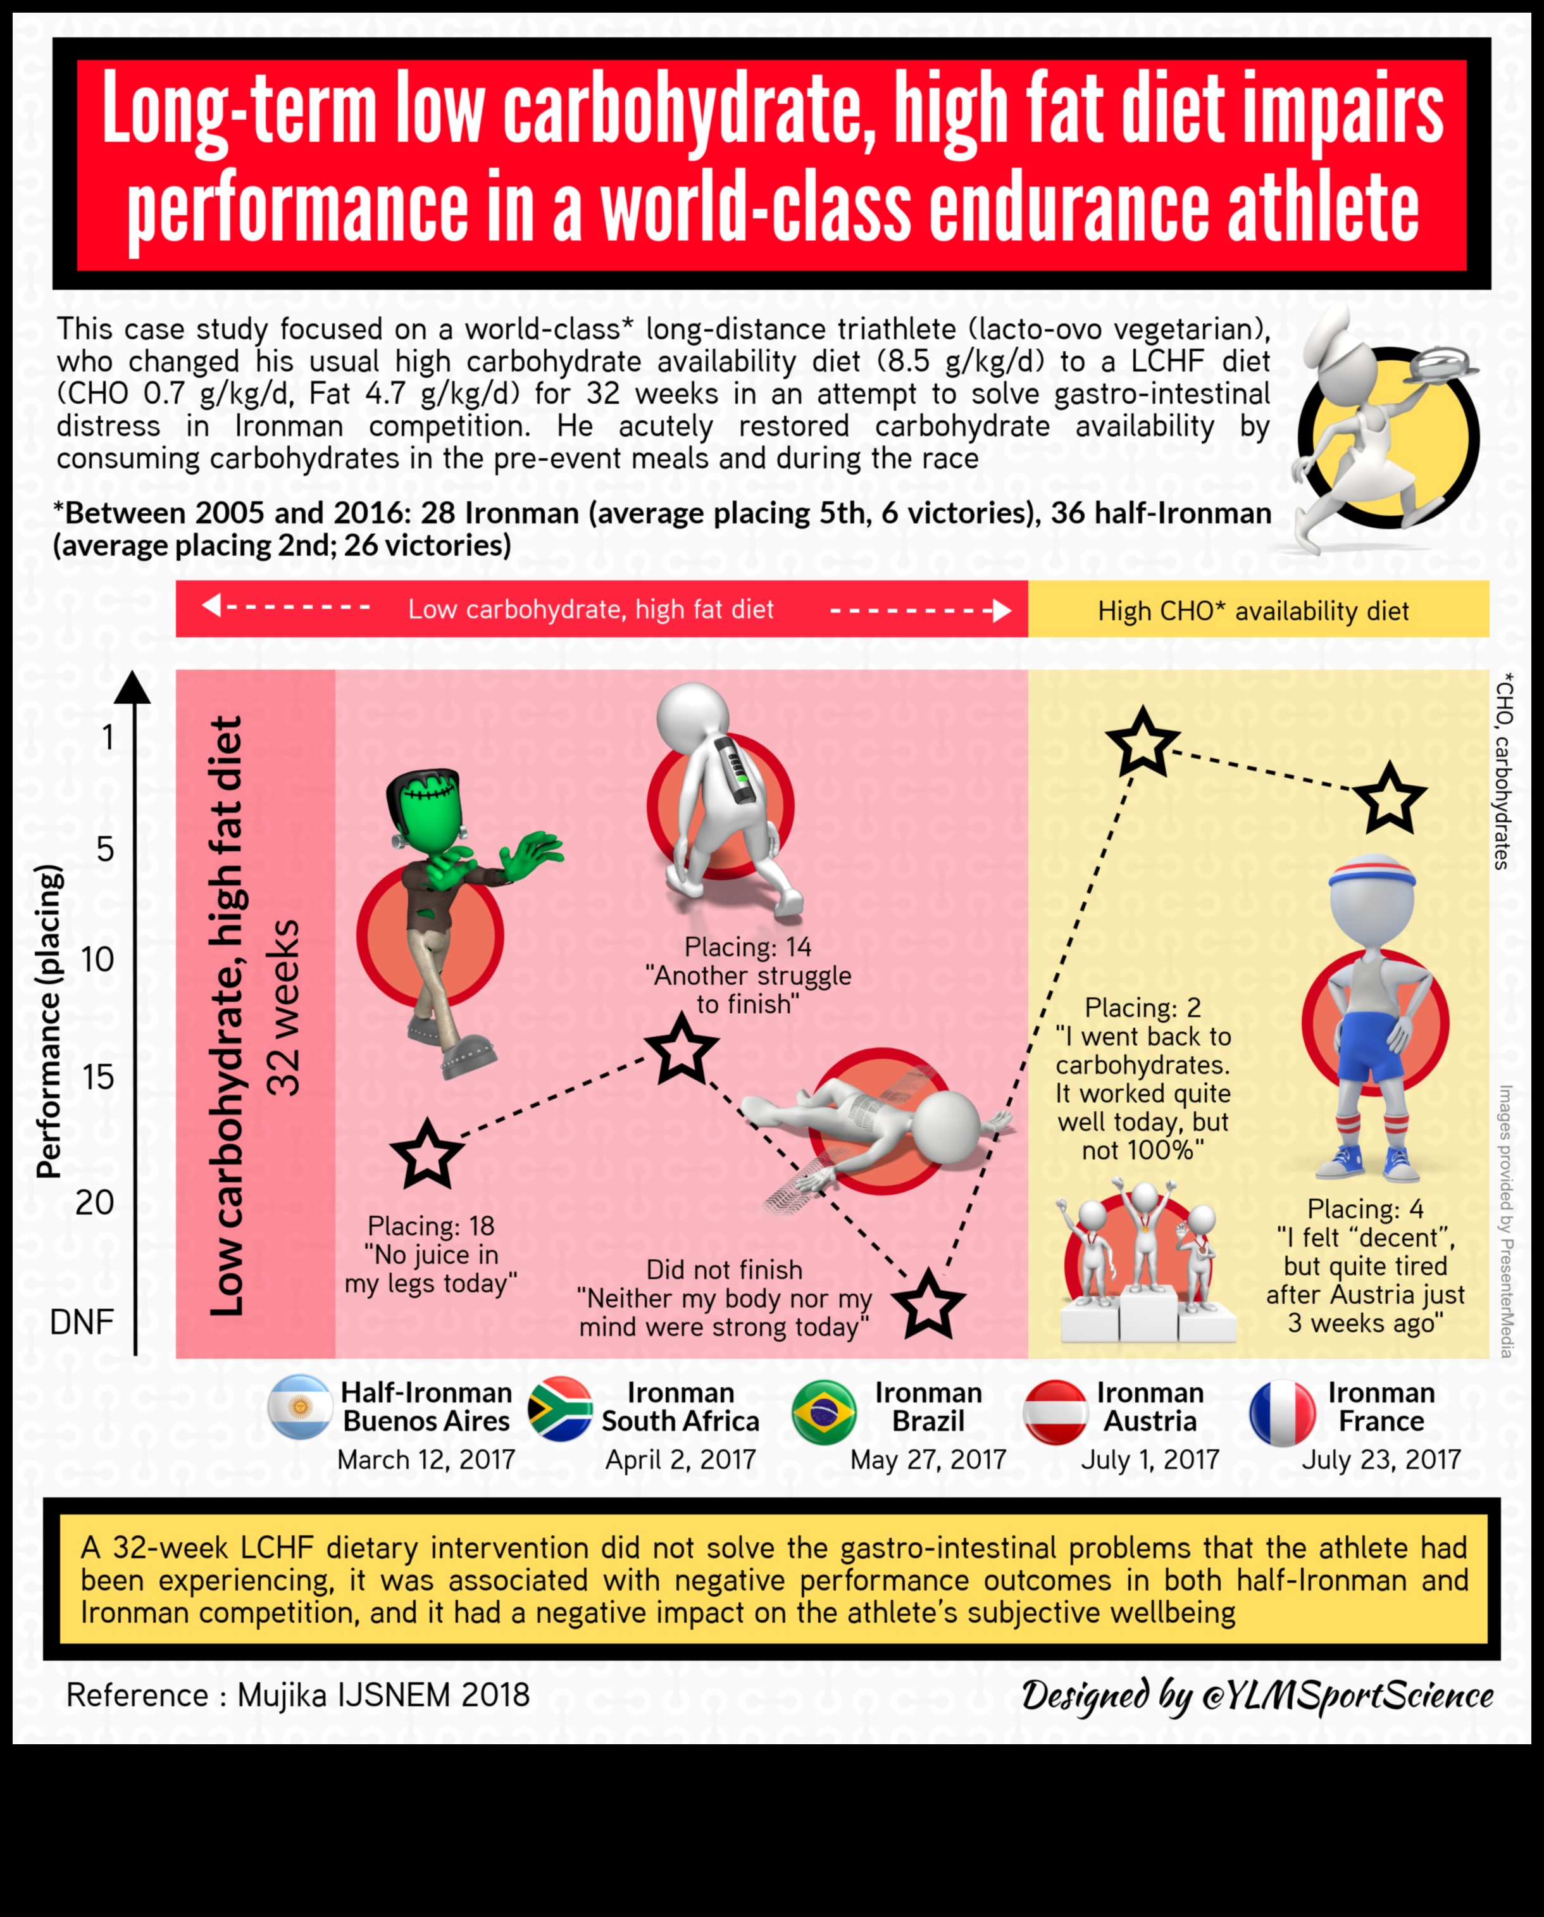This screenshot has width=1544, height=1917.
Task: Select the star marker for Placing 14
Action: (x=682, y=1050)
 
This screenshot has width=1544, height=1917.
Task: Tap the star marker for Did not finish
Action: (x=928, y=1305)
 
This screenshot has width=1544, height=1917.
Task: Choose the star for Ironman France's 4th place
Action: (x=1389, y=798)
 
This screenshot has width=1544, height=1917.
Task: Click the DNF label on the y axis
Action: (x=82, y=1322)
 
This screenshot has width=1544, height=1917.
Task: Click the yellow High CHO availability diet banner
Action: (x=1257, y=610)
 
